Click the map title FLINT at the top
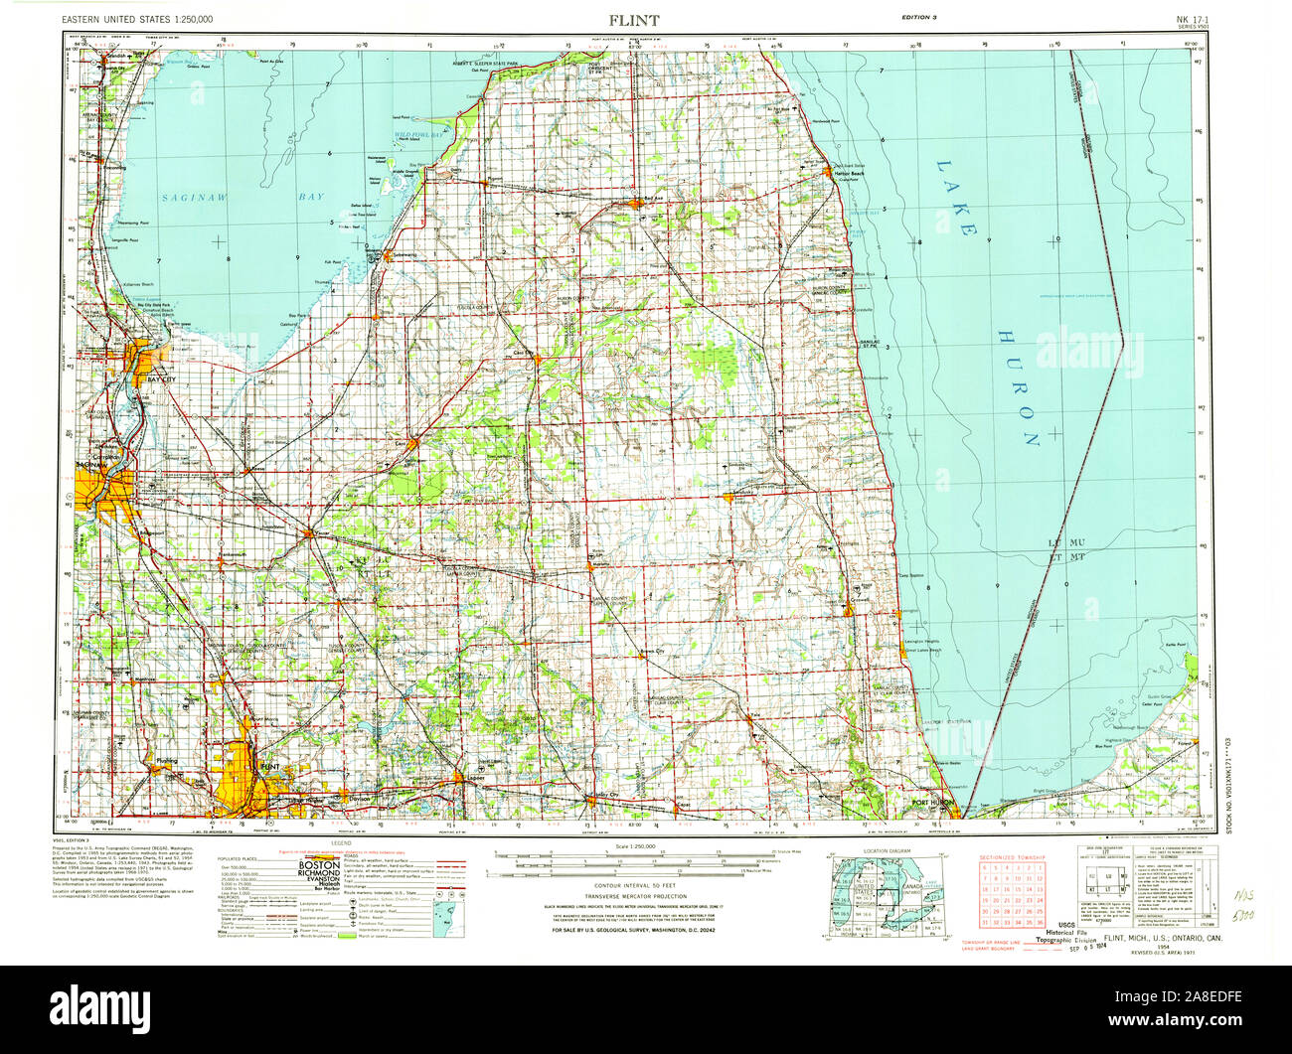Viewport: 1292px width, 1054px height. click(633, 20)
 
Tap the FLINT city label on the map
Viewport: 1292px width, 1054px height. click(269, 768)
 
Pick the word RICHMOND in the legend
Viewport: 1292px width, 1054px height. click(320, 876)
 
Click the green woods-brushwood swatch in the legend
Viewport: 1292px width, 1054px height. click(345, 936)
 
